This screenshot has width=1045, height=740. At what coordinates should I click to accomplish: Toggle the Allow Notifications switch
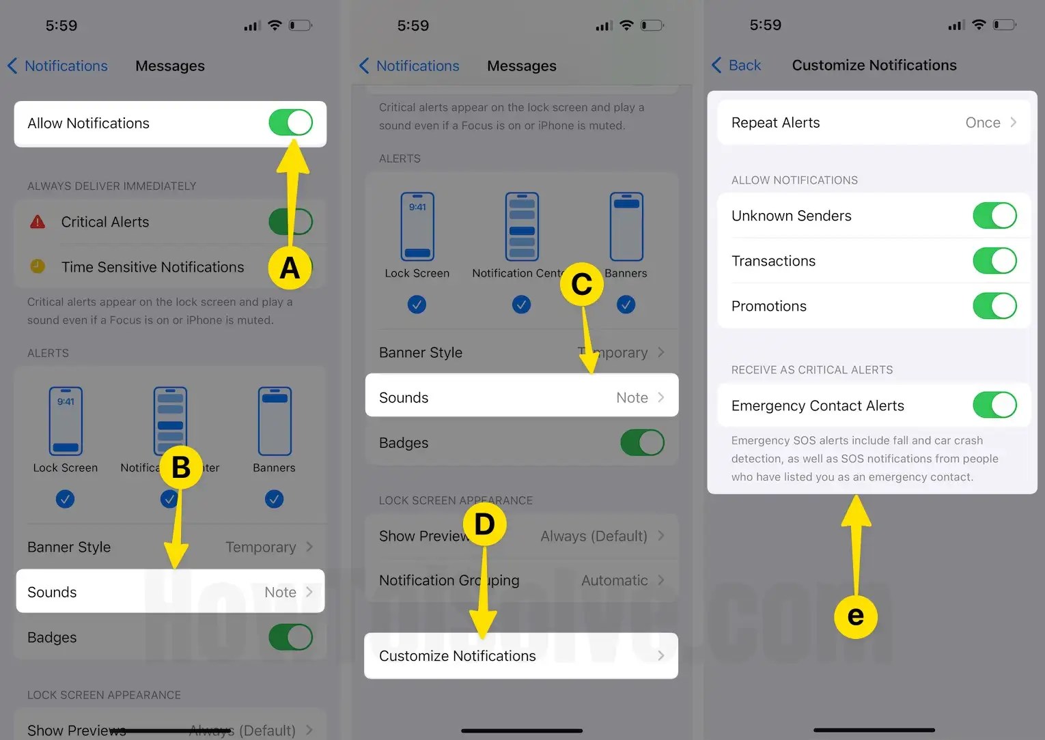[x=290, y=123]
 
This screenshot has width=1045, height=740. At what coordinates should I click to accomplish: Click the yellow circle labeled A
[x=290, y=268]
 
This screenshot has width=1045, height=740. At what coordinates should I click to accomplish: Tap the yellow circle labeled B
[x=181, y=468]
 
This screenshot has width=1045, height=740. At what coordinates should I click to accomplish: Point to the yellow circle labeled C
[x=581, y=284]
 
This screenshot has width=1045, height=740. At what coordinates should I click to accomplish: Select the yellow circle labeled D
[x=484, y=524]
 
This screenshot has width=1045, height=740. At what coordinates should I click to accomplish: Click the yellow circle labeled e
[x=855, y=616]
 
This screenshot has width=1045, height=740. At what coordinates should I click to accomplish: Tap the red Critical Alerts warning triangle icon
[x=38, y=222]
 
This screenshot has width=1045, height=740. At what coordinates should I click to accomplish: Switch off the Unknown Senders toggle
[x=994, y=216]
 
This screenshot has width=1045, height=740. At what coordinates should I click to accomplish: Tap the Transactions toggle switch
[x=994, y=261]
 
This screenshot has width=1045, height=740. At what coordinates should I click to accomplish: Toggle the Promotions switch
[x=994, y=306]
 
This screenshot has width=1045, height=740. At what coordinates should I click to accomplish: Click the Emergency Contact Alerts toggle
[x=994, y=405]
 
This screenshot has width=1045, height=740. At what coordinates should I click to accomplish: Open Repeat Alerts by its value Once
[x=982, y=123]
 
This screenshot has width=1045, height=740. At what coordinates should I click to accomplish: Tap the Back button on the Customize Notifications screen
[x=736, y=66]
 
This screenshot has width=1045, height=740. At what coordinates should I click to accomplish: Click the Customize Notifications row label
[x=457, y=656]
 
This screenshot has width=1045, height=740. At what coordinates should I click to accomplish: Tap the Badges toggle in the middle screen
[x=642, y=442]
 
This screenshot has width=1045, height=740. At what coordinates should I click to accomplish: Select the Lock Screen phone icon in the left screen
[x=66, y=421]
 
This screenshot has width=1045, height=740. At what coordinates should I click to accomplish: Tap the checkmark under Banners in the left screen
[x=274, y=499]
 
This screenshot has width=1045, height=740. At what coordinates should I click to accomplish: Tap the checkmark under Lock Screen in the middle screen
[x=417, y=304]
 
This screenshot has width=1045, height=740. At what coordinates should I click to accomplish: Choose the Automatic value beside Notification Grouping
[x=614, y=580]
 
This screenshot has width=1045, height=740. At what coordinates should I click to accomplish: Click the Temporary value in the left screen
[x=260, y=547]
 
